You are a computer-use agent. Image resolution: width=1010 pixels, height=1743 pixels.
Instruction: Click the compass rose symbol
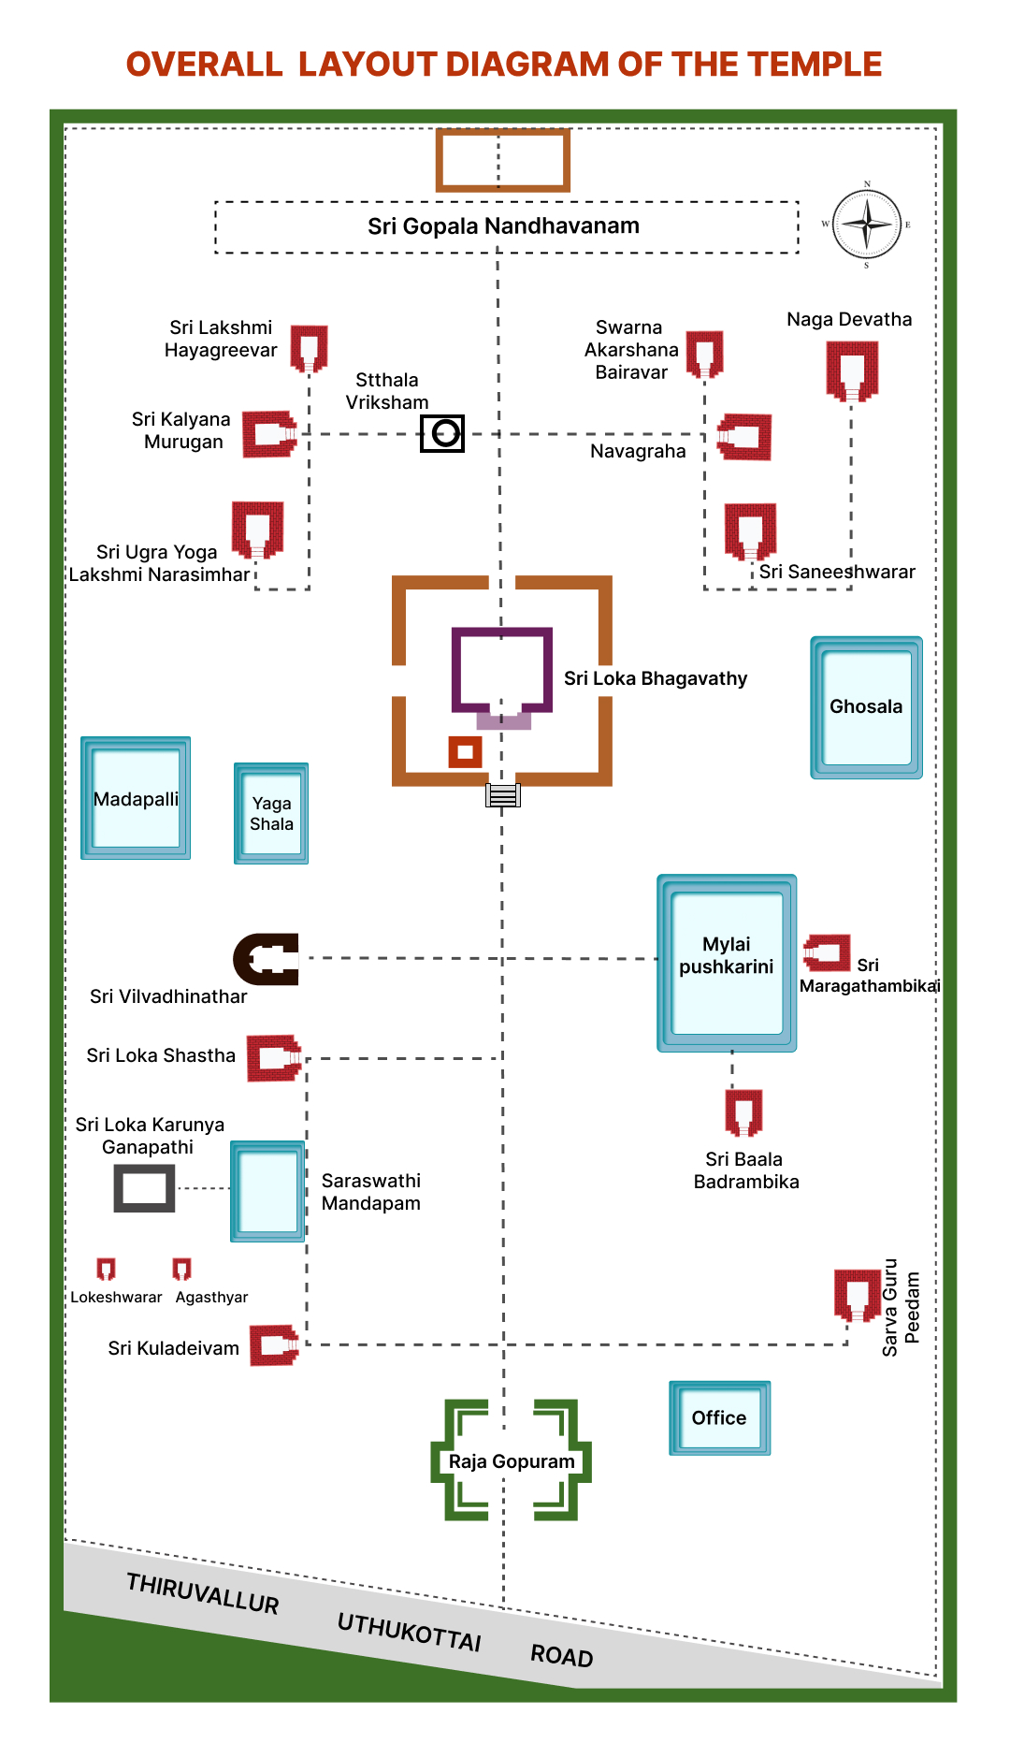click(x=867, y=225)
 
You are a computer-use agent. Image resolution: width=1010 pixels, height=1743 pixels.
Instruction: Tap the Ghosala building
click(x=866, y=707)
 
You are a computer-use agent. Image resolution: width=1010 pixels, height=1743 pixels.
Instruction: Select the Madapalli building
click(x=136, y=798)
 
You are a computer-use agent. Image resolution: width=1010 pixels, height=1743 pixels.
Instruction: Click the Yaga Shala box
click(x=271, y=813)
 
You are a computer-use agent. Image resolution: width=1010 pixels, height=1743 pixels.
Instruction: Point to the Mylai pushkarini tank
click(x=727, y=963)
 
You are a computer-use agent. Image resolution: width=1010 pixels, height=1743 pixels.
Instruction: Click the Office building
click(x=719, y=1417)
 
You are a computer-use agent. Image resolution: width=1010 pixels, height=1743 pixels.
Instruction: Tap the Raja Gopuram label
click(x=512, y=1461)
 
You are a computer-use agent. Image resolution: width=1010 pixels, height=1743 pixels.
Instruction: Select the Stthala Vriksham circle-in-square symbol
click(x=442, y=433)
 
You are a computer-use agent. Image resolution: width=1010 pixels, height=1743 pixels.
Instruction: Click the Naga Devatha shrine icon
click(x=851, y=369)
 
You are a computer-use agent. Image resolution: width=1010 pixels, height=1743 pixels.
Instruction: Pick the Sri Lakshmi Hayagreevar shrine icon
click(x=309, y=348)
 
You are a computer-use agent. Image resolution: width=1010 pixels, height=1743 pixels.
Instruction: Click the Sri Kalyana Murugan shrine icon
click(x=268, y=434)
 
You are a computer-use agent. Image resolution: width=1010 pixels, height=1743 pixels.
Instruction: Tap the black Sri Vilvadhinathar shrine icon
click(x=267, y=959)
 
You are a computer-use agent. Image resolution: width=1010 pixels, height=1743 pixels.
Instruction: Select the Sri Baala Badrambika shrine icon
click(x=743, y=1111)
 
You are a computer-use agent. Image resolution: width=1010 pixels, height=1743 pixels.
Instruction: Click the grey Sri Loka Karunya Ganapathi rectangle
click(x=144, y=1188)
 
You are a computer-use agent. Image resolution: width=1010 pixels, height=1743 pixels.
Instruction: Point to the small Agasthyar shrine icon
click(x=181, y=1269)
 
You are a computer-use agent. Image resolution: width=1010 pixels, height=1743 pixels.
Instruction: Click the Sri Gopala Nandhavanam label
click(x=503, y=226)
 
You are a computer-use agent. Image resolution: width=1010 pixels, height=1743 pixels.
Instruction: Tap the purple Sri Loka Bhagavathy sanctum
click(x=502, y=670)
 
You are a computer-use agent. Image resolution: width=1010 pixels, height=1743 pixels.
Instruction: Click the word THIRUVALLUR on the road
click(x=203, y=1592)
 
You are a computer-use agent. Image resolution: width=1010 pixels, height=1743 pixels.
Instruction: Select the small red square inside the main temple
click(x=465, y=751)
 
